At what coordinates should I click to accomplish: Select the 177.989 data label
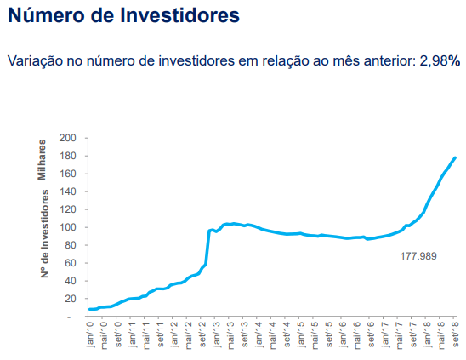pyautogui.click(x=418, y=255)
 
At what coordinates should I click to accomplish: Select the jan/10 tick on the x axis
pyautogui.click(x=91, y=334)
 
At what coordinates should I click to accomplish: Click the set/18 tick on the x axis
pyautogui.click(x=455, y=334)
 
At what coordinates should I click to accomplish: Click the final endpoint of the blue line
pyautogui.click(x=455, y=157)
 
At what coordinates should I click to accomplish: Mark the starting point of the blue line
pyautogui.click(x=90, y=309)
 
